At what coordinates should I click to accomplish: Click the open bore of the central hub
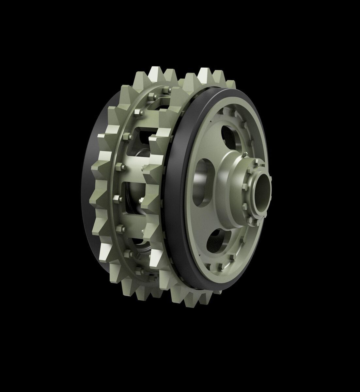click(263, 193)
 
